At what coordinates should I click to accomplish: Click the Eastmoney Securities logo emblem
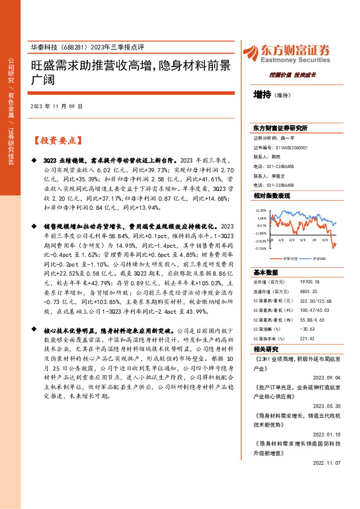click(250, 53)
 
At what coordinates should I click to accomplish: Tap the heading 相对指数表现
click(272, 196)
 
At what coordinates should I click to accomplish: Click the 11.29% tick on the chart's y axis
click(261, 211)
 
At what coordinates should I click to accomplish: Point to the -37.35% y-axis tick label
click(261, 247)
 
